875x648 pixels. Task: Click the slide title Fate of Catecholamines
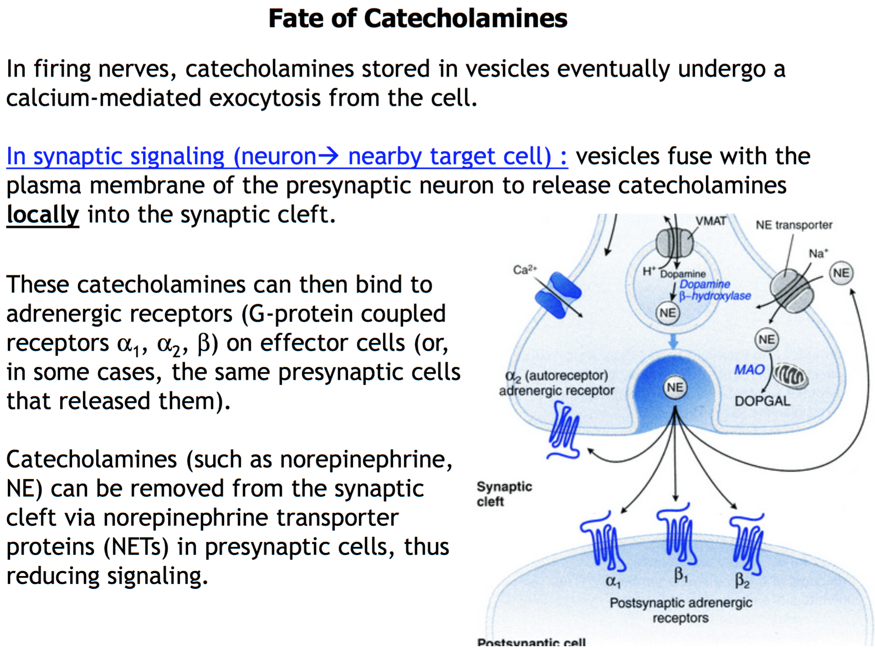417,19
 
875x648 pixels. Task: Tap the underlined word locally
43,215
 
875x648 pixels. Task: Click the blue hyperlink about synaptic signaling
287,157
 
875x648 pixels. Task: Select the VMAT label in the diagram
711,221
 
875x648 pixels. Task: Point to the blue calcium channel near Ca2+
558,295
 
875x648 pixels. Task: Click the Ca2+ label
525,270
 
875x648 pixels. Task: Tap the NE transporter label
794,225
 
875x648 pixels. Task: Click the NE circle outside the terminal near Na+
841,273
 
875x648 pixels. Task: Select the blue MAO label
749,370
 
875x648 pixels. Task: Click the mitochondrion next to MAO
791,376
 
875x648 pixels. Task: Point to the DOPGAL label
763,401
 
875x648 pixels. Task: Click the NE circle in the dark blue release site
675,388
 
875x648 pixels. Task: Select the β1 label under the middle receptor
681,576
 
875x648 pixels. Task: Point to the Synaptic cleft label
504,494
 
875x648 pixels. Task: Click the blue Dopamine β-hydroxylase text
714,290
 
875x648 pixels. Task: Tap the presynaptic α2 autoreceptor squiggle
565,432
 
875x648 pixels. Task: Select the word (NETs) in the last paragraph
136,547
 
